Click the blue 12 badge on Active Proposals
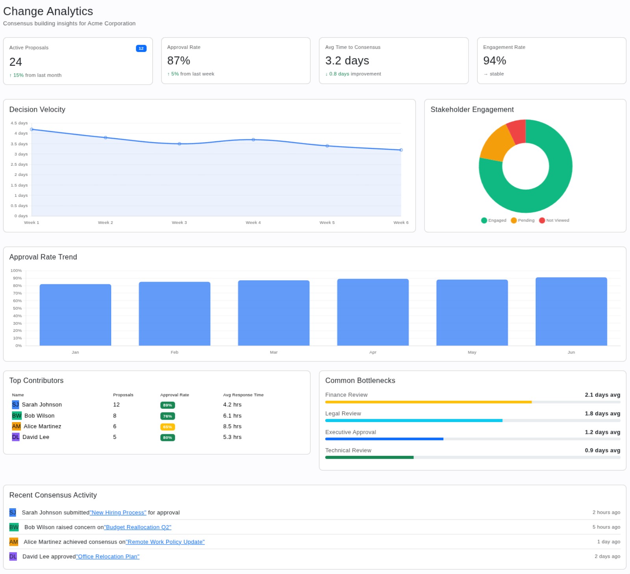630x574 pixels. pyautogui.click(x=141, y=48)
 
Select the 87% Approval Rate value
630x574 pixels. pyautogui.click(x=179, y=61)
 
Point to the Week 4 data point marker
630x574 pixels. pyautogui.click(x=253, y=140)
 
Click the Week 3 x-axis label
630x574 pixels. pyautogui.click(x=179, y=223)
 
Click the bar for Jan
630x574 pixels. pyautogui.click(x=75, y=315)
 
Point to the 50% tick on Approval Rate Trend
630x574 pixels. pyautogui.click(x=17, y=308)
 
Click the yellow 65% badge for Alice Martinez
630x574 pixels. pyautogui.click(x=167, y=427)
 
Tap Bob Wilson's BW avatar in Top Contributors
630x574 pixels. pyautogui.click(x=17, y=416)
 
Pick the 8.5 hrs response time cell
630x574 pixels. pyautogui.click(x=232, y=426)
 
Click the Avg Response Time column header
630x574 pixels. pyautogui.click(x=243, y=395)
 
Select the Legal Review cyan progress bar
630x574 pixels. pyautogui.click(x=413, y=420)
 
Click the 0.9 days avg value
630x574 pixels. pyautogui.click(x=602, y=450)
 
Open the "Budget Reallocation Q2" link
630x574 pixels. pyautogui.click(x=138, y=527)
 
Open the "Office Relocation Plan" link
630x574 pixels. pyautogui.click(x=108, y=556)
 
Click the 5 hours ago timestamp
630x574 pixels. pyautogui.click(x=606, y=527)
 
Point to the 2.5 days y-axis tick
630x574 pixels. pyautogui.click(x=19, y=165)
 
